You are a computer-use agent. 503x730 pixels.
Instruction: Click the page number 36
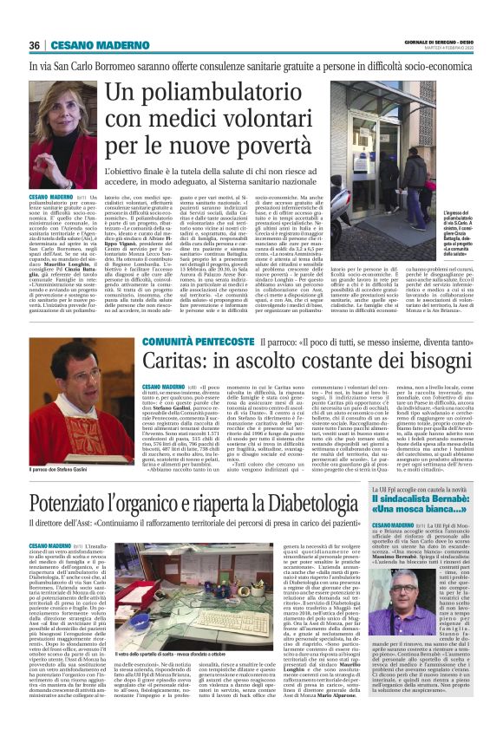tap(34, 45)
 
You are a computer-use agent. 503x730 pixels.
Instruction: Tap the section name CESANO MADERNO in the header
tap(90, 45)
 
